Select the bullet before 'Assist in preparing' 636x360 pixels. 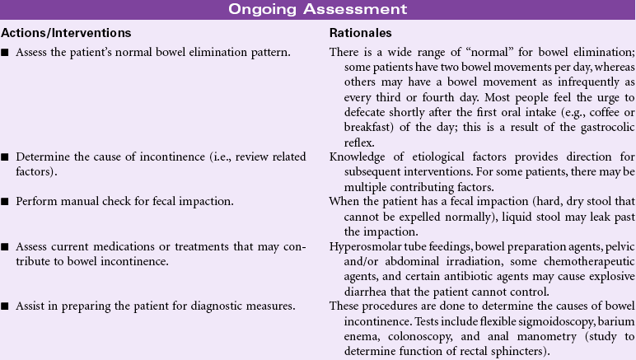(x=6, y=284)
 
